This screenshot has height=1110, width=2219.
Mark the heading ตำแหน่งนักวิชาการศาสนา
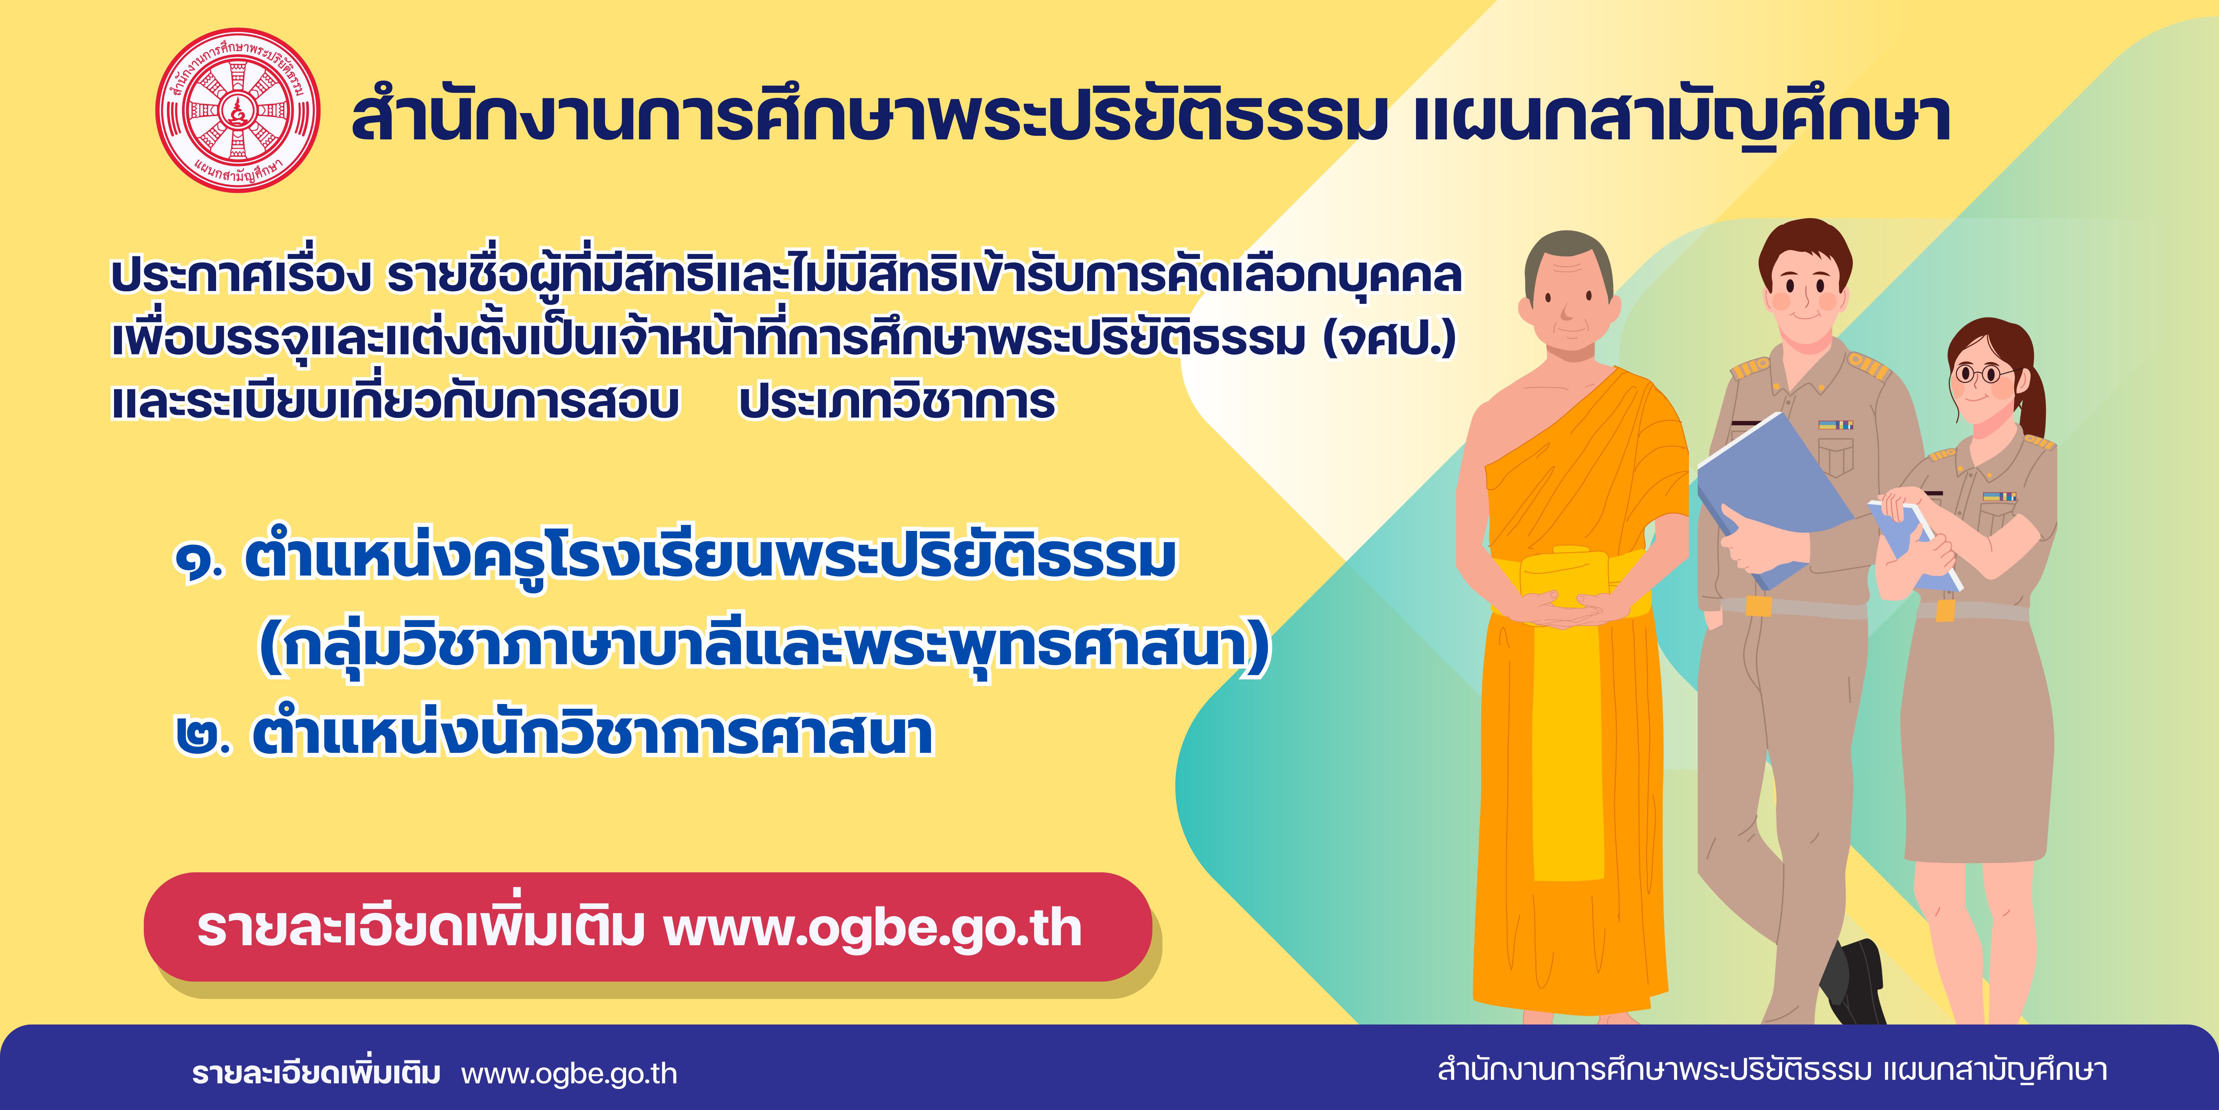[593, 735]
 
